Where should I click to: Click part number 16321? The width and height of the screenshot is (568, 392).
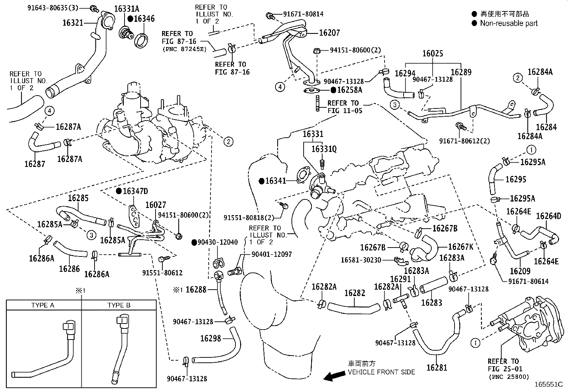[73, 23]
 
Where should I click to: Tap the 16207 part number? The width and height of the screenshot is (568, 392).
[329, 33]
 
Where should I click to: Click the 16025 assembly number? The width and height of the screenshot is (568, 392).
[432, 54]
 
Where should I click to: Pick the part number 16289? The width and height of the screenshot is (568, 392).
[461, 72]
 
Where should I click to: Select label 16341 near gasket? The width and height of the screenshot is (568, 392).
[275, 181]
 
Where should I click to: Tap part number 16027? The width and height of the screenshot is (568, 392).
[156, 205]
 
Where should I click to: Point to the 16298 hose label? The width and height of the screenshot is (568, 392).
[211, 338]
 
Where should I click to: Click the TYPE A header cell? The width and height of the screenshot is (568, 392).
[43, 305]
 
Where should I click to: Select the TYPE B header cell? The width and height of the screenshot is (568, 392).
[119, 305]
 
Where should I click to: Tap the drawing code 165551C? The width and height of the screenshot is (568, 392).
[548, 385]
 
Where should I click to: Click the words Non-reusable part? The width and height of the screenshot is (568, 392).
[509, 24]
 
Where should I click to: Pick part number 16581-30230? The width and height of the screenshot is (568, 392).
[361, 260]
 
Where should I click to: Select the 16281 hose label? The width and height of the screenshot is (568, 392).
[436, 367]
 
